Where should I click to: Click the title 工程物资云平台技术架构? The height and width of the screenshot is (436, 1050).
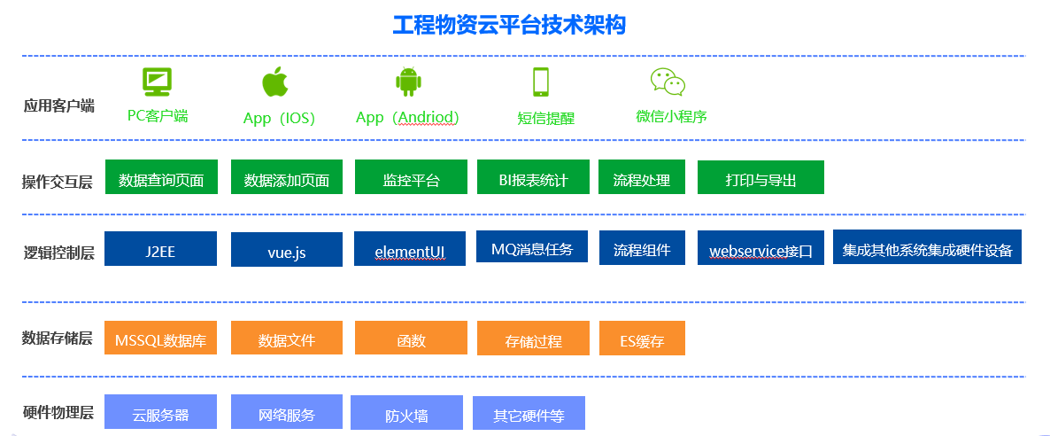point(509,25)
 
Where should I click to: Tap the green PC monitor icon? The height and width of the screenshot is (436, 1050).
point(157,82)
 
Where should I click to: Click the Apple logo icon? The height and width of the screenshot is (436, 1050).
point(275,82)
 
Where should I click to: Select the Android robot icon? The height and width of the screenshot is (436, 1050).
point(407,82)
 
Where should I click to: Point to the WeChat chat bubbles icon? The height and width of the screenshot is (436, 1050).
point(668,82)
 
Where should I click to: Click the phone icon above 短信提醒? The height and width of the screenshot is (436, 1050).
point(541,82)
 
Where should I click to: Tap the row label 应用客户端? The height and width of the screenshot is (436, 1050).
point(58,106)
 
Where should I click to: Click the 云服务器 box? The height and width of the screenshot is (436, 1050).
point(160,412)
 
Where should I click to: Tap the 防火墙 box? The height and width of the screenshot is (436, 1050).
point(406,413)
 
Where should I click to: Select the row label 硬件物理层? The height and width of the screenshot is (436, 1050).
point(58,412)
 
